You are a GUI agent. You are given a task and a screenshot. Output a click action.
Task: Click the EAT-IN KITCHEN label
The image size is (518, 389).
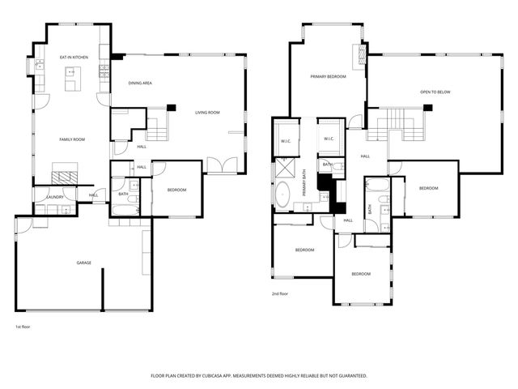coord(73,58)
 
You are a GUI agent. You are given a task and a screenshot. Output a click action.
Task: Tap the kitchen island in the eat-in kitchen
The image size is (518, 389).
coord(71,79)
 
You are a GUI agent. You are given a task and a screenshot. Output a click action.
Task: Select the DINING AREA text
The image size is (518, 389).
coord(141,83)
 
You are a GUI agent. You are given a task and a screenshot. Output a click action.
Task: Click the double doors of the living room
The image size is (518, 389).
coord(218,165)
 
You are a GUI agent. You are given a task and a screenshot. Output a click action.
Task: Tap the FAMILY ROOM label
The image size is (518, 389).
coord(72,139)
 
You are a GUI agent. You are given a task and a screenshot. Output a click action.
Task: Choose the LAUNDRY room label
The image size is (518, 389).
coord(54,197)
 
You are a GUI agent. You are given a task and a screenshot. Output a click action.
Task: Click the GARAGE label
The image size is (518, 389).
coord(83,263)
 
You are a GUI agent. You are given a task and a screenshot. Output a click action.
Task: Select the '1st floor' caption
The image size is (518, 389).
coord(23,327)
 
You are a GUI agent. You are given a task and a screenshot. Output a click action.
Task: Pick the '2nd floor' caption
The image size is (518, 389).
coord(281,294)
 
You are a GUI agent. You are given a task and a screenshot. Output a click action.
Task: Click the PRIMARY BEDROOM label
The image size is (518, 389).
coord(329,76)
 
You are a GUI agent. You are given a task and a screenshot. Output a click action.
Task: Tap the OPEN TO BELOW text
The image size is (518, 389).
coord(435,92)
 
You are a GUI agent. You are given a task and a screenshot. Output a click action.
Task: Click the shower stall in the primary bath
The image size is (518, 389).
coord(286,169)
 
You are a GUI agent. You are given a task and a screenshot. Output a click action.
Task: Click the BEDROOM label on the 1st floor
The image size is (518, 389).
coord(176,190)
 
